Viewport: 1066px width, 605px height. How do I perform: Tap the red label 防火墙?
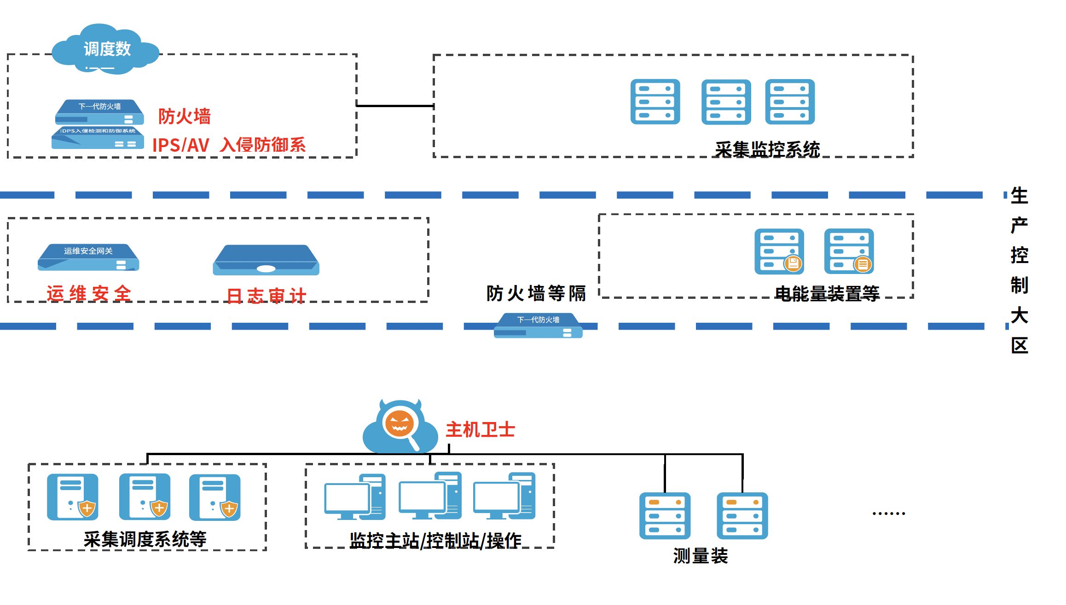(x=184, y=116)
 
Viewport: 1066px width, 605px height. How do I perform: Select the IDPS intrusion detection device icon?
(x=97, y=138)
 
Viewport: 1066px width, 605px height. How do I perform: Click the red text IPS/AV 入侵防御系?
(x=229, y=145)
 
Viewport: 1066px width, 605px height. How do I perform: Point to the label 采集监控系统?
(x=767, y=149)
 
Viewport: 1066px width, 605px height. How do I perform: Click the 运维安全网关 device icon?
(x=88, y=257)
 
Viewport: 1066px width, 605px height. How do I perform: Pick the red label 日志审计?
(x=266, y=296)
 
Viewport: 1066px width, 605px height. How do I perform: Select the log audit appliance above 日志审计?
(x=266, y=260)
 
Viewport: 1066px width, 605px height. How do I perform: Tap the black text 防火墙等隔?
(x=536, y=293)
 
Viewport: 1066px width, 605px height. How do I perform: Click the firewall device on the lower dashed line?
(x=538, y=325)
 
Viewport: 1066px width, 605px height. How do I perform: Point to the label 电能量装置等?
(x=827, y=293)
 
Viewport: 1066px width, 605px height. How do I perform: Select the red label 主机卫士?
(x=480, y=430)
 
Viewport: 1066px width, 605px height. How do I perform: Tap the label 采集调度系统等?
(x=145, y=539)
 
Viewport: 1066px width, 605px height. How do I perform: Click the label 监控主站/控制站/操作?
(x=435, y=541)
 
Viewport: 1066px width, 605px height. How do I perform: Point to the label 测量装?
(x=700, y=556)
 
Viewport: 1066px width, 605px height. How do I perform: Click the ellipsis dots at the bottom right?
(x=888, y=513)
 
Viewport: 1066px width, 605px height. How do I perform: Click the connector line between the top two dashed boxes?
(x=395, y=106)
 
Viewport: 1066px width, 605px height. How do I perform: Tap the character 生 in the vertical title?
(x=1019, y=196)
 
